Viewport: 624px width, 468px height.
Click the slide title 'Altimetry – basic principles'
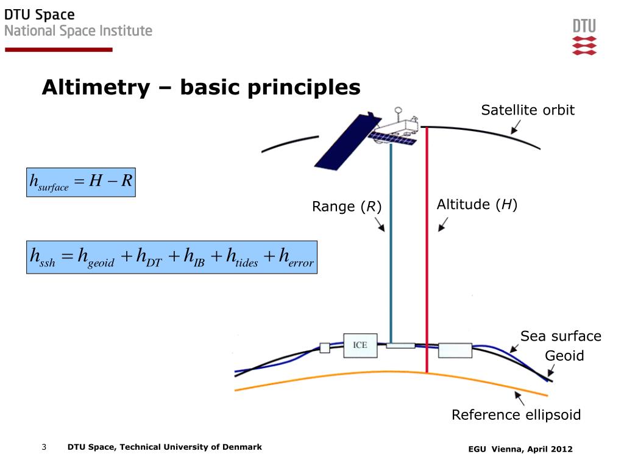[x=201, y=88]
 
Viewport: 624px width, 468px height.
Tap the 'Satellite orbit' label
[x=528, y=110]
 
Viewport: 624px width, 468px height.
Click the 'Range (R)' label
[x=347, y=207]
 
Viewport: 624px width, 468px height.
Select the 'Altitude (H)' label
[x=477, y=205]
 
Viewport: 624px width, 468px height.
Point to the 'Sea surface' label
[x=560, y=336]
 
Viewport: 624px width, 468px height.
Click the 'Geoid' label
[x=564, y=356]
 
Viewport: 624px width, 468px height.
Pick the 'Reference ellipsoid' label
[x=516, y=416]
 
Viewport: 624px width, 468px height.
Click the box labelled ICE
[x=360, y=346]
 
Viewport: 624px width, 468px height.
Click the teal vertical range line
[x=391, y=256]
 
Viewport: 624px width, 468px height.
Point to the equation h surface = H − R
[x=81, y=182]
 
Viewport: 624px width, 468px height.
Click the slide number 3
[x=44, y=447]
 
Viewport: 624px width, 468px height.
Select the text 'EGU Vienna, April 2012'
[x=520, y=449]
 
